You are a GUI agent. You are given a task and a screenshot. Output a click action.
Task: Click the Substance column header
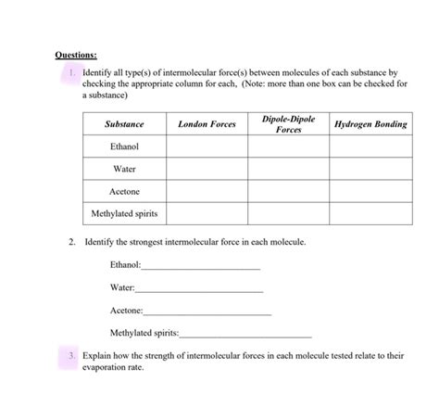tap(124, 124)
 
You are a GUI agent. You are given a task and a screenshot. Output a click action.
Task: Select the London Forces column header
tap(207, 124)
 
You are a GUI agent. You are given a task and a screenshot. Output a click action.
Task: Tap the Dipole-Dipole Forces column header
tap(288, 124)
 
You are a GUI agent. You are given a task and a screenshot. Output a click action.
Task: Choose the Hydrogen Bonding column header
tap(370, 124)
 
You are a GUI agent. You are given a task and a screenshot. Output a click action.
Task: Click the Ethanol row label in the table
tap(124, 146)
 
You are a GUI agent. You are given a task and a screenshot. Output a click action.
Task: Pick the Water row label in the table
tap(124, 169)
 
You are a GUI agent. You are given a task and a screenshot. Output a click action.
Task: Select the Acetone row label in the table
tap(124, 191)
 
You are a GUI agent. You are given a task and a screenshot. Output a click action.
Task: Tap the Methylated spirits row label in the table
tap(124, 214)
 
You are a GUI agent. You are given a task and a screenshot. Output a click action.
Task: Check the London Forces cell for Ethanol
tap(207, 146)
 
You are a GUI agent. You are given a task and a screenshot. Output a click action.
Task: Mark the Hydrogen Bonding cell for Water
tap(370, 169)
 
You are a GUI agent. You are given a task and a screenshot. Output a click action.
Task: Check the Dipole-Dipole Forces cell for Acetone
tap(288, 191)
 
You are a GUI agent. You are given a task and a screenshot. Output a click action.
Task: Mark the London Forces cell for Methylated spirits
tap(207, 214)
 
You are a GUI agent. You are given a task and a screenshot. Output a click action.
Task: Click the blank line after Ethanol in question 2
tap(200, 267)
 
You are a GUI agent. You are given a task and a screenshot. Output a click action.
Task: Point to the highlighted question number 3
tap(72, 356)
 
